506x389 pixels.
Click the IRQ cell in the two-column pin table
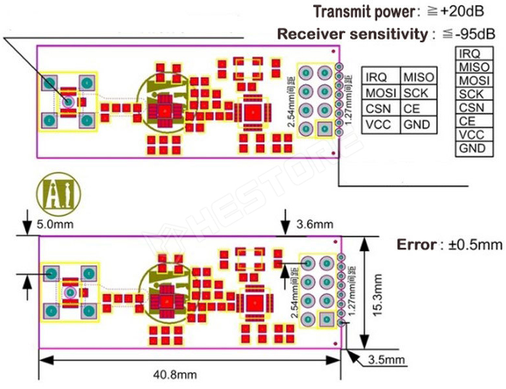(x=377, y=78)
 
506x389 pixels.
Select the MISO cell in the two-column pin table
(x=415, y=78)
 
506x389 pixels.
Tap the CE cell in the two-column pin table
(x=411, y=109)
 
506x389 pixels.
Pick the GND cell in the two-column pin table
(x=415, y=124)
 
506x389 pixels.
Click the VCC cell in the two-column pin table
(x=378, y=124)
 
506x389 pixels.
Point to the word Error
(x=416, y=245)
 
